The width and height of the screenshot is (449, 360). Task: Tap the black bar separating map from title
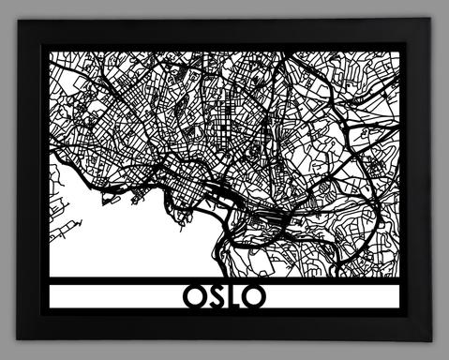tap(225, 278)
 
